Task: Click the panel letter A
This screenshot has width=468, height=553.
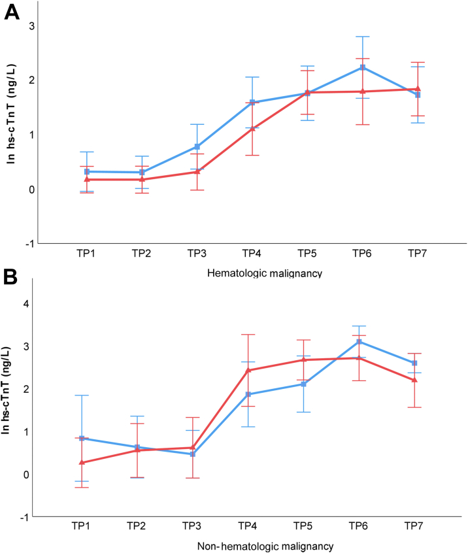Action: [12, 12]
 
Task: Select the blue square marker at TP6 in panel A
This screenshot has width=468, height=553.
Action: [362, 67]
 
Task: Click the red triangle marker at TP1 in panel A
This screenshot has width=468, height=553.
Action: [87, 179]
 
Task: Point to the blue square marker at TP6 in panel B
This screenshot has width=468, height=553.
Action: [359, 342]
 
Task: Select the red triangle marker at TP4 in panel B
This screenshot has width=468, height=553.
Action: [248, 370]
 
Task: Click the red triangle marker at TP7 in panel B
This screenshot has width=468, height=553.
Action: [414, 380]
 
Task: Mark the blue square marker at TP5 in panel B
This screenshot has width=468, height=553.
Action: [304, 384]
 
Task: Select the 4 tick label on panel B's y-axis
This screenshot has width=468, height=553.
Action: [27, 303]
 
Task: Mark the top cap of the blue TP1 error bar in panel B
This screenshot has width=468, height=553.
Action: [82, 395]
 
